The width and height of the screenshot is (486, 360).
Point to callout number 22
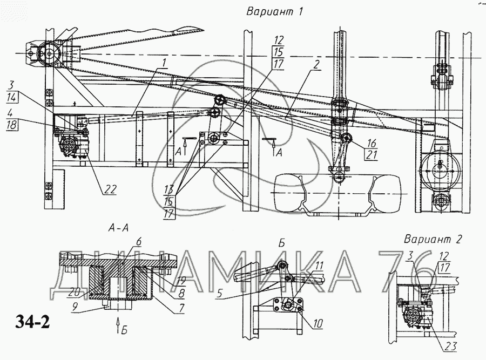pyautogui.click(x=110, y=189)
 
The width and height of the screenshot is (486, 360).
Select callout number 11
pyautogui.click(x=319, y=266)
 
